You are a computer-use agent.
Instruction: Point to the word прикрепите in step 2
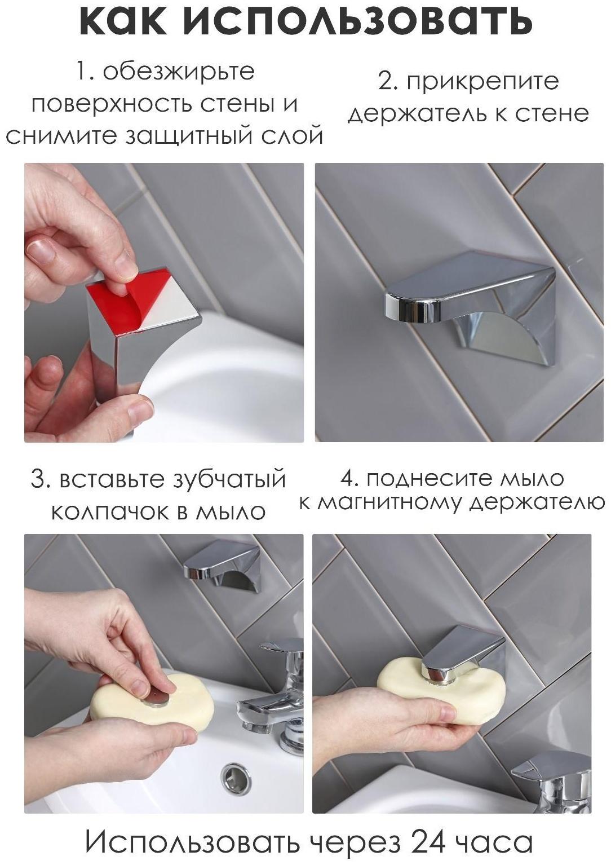click(482, 82)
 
